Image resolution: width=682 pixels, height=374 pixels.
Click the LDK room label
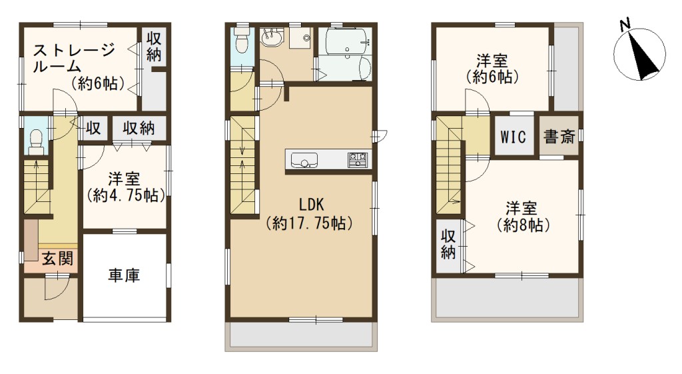pos(312,204)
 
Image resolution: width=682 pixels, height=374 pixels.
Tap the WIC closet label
pos(513,137)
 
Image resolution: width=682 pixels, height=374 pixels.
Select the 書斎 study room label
pos(559,137)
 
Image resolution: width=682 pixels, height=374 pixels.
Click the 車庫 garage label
pos(124,275)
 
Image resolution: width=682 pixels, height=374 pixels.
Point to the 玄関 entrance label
pos(57,259)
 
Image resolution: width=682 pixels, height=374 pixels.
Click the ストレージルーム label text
pos(74,58)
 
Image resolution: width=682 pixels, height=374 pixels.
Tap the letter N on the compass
pos(625,25)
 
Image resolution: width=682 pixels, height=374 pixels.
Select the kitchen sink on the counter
pos(304,160)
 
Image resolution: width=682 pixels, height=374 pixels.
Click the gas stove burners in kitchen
pos(358,160)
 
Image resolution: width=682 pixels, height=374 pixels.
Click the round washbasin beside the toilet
pos(272,37)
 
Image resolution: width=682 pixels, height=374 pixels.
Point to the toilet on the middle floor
pos(240,42)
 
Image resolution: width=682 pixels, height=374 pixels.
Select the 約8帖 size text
pos(523,225)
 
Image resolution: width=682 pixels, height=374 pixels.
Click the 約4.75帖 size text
pos(126,196)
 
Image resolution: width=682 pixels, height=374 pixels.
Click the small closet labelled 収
pos(93,129)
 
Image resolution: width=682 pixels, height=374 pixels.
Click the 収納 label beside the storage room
pos(154,47)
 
